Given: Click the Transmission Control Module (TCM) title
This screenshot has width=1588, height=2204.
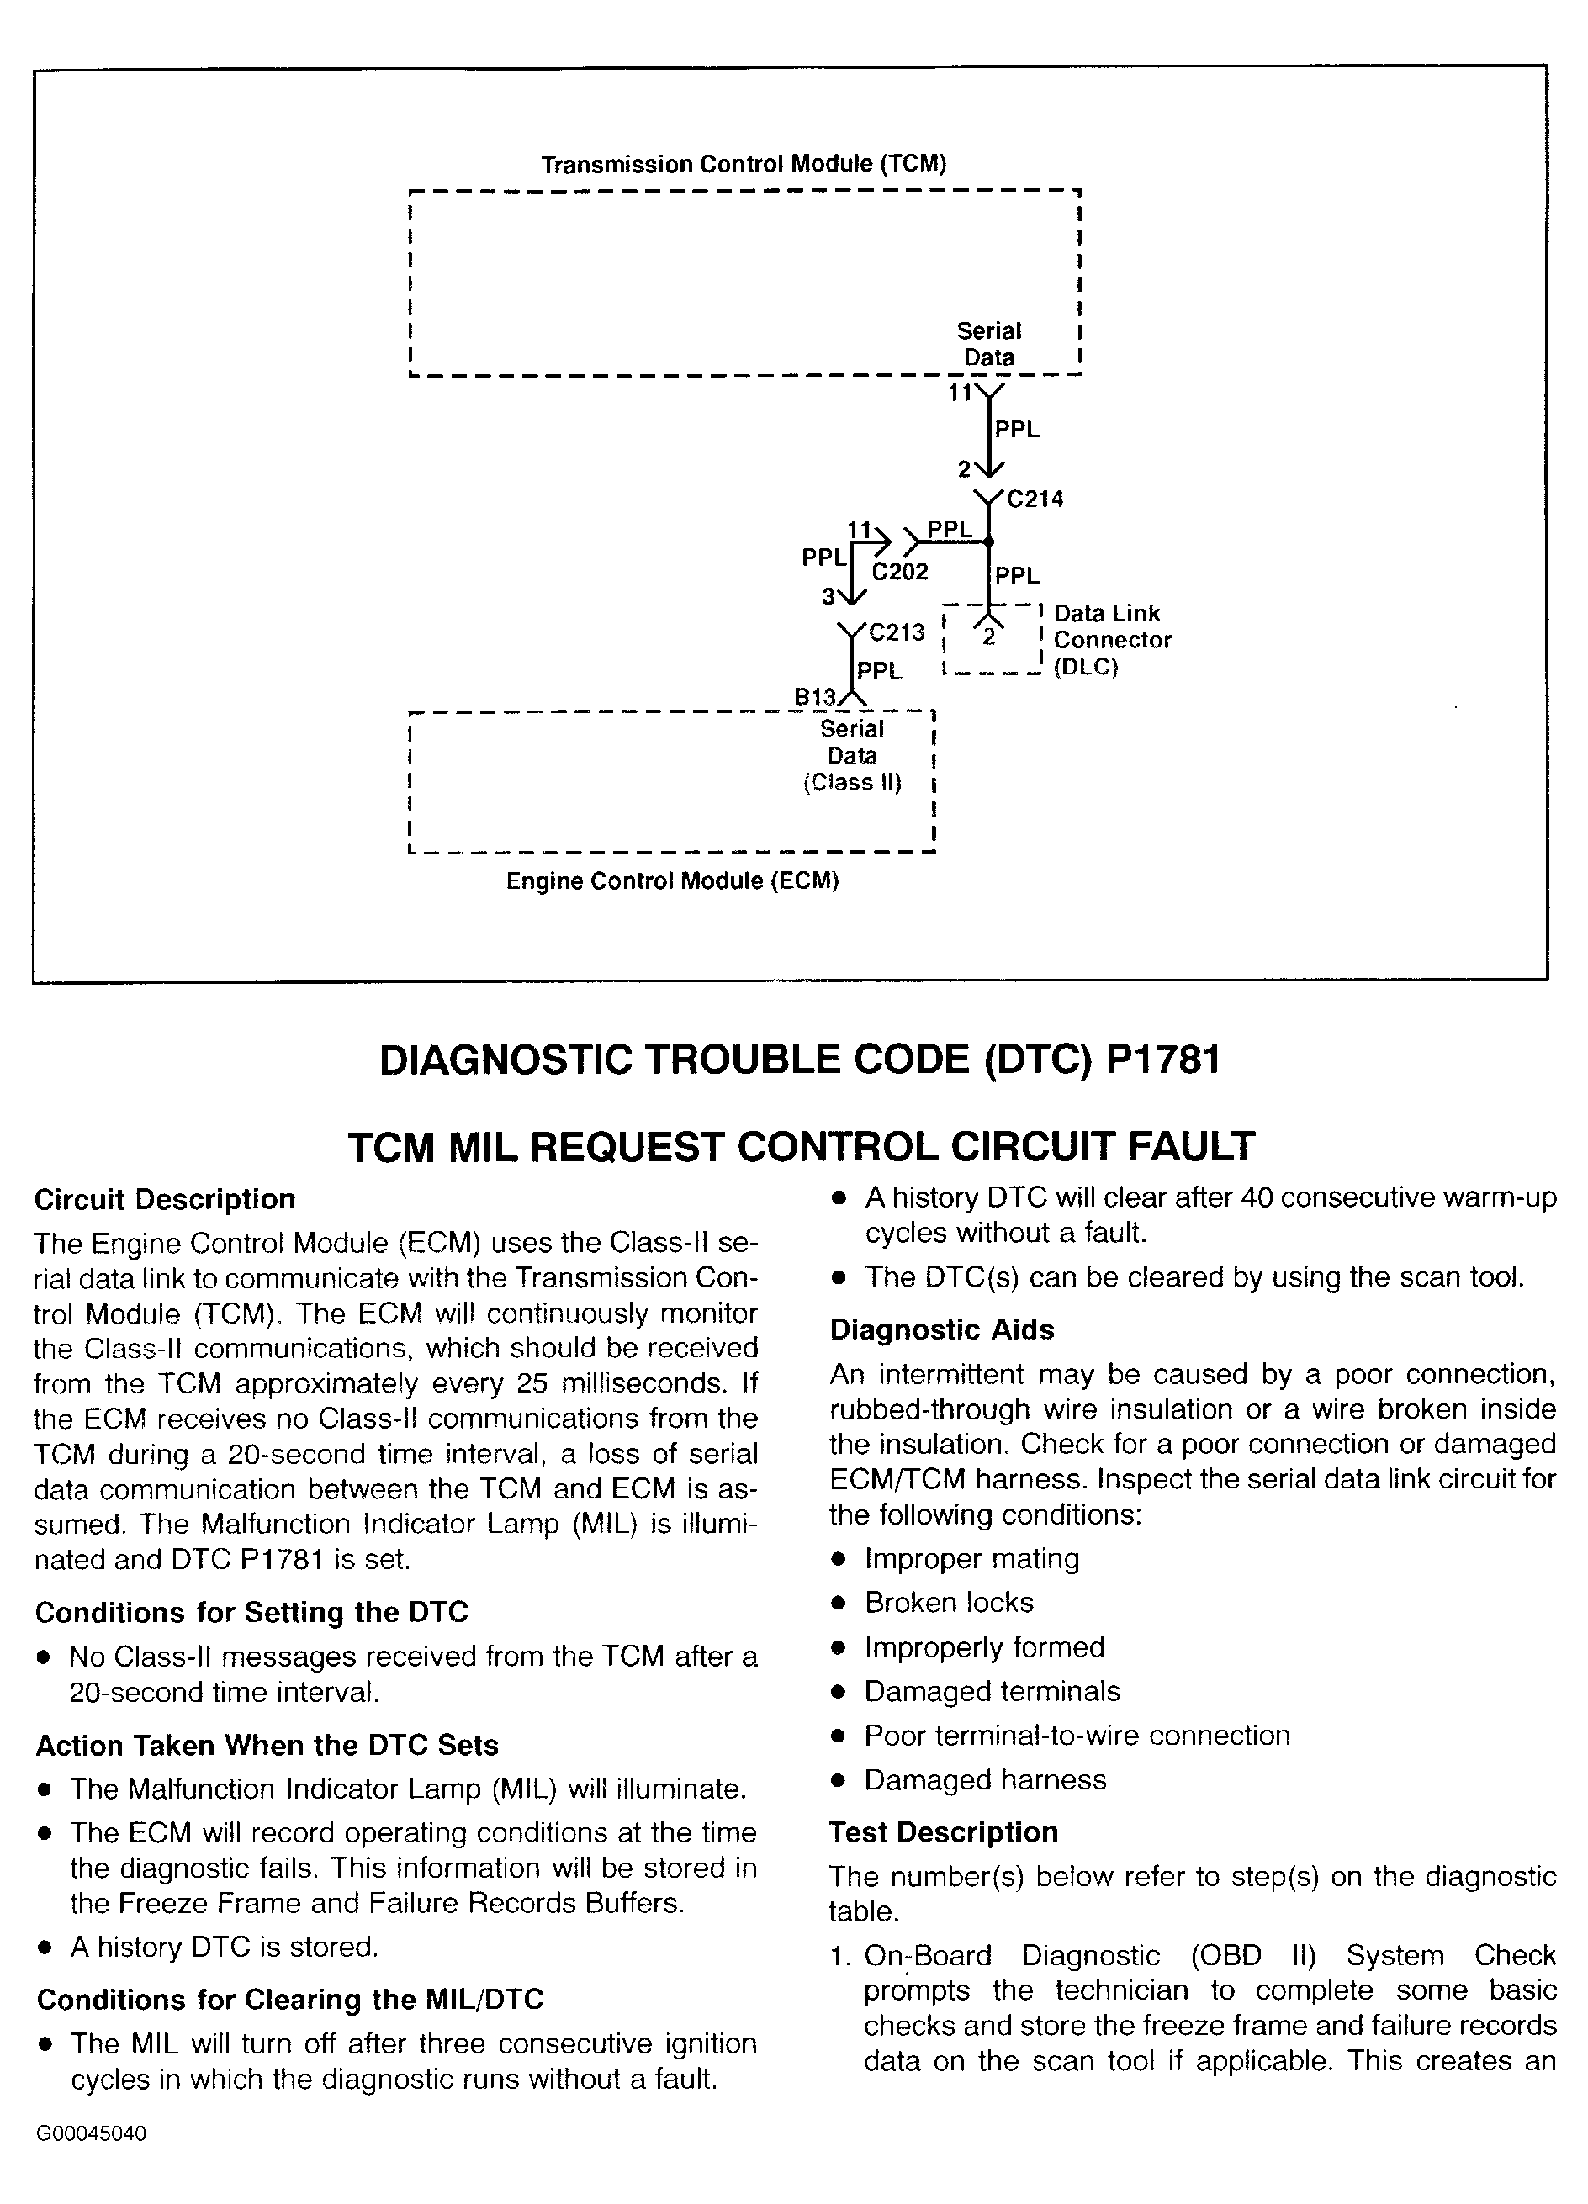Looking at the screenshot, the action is point(744,163).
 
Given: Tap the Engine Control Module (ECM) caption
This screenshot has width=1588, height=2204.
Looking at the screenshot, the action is point(673,880).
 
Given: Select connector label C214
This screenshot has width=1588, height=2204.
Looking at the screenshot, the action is point(1035,499).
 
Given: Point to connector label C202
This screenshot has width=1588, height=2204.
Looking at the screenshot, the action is point(900,572).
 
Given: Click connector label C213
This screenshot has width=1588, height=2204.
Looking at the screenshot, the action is point(896,632).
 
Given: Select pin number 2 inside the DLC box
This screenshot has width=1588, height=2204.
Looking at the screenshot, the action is point(989,638).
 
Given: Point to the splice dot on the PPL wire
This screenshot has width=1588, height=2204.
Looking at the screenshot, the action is point(989,542).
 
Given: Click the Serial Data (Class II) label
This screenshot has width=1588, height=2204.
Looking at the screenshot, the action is point(852,756).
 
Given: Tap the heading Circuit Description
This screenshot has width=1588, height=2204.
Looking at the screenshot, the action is point(165,1199).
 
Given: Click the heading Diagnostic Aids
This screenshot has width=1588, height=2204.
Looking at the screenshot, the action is point(942,1329).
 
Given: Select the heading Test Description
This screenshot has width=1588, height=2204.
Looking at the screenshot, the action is point(944,1831).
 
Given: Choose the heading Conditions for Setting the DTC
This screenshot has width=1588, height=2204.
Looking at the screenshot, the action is point(251,1612).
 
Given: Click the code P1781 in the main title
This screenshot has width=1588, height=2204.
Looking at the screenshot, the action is point(1163,1060).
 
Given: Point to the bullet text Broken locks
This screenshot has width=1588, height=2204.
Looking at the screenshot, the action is point(950,1603).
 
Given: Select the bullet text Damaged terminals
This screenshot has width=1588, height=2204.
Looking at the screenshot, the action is point(992,1692).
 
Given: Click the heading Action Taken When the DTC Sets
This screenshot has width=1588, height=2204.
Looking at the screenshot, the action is point(267,1746).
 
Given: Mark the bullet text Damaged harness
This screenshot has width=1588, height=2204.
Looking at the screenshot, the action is point(986,1780).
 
